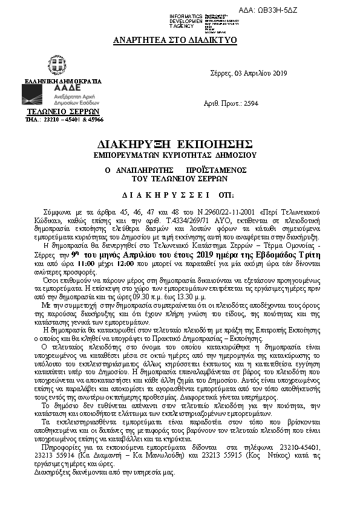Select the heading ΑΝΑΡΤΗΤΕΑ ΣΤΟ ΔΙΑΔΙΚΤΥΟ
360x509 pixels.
coord(175,41)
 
